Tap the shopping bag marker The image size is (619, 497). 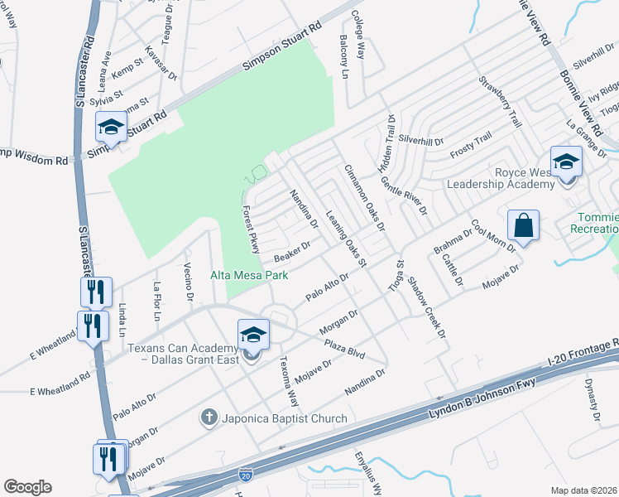(525, 225)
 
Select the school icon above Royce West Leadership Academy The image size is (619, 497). (566, 162)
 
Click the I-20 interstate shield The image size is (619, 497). (245, 475)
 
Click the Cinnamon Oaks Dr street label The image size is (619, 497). (365, 197)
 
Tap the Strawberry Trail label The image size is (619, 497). (501, 102)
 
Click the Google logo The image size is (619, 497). (27, 487)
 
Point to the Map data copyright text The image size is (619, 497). (583, 490)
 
